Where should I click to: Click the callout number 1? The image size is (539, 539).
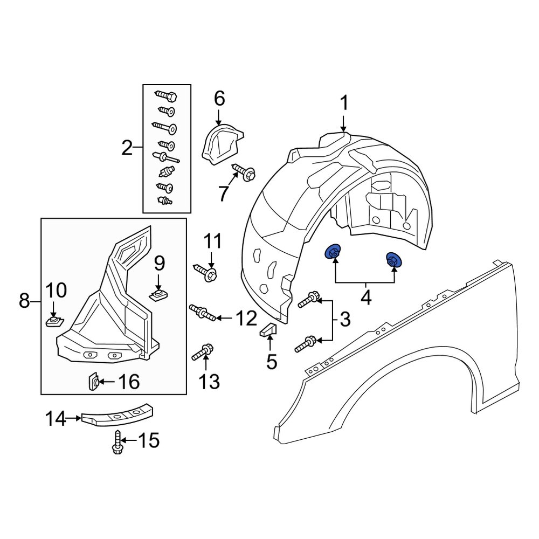click(x=344, y=103)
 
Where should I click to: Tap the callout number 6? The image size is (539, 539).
click(x=219, y=99)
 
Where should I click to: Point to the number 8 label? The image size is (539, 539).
click(x=24, y=301)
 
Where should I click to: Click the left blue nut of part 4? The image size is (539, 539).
click(x=334, y=252)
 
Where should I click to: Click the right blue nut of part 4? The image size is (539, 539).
click(x=393, y=260)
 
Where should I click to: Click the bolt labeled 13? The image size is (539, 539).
click(x=203, y=352)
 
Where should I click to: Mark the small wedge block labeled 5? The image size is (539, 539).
click(x=269, y=329)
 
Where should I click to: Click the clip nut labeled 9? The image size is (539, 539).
click(x=157, y=295)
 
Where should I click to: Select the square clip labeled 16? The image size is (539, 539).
click(x=92, y=382)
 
